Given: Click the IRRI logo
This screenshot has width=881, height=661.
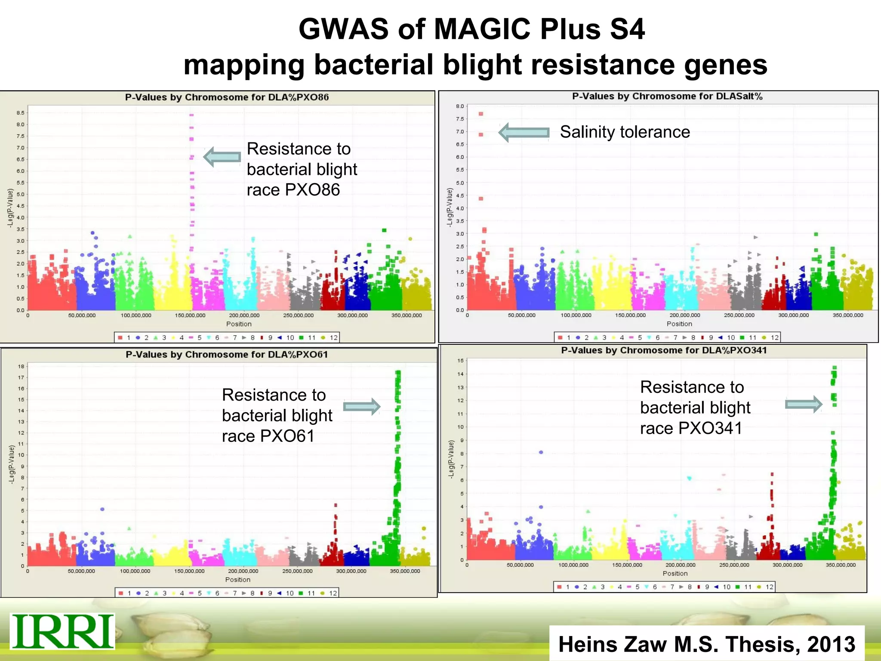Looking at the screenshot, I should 62,631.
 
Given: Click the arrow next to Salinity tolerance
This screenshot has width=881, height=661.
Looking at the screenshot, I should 524,132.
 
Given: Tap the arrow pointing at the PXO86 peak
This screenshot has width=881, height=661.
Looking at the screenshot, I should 222,157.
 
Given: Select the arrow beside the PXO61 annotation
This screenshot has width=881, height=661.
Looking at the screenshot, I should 362,406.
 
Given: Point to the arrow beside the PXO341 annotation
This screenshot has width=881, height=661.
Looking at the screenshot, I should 804,404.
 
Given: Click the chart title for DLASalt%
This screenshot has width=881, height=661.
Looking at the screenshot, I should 667,96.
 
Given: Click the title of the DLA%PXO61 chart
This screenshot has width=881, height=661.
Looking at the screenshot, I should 227,355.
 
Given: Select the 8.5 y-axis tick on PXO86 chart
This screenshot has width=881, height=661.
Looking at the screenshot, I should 20,113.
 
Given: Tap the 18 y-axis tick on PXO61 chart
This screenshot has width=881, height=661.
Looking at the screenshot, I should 21,367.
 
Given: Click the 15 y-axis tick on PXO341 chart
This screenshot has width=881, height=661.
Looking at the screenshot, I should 460,361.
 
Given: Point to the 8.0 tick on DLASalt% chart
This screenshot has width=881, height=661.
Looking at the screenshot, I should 460,106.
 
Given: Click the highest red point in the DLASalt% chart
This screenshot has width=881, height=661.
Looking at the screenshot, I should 481,114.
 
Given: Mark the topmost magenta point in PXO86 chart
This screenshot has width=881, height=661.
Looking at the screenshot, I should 191,115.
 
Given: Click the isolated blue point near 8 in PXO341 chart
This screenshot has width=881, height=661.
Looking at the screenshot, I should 541,452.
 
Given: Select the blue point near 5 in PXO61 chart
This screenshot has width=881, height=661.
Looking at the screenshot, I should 102,509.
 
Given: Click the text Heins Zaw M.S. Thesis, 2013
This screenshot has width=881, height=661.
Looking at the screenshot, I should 707,644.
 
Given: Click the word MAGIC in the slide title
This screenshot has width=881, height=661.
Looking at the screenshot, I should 483,29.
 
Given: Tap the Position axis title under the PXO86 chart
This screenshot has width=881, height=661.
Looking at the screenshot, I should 239,324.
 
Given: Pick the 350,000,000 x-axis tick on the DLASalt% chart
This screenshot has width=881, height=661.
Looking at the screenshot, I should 847,315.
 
